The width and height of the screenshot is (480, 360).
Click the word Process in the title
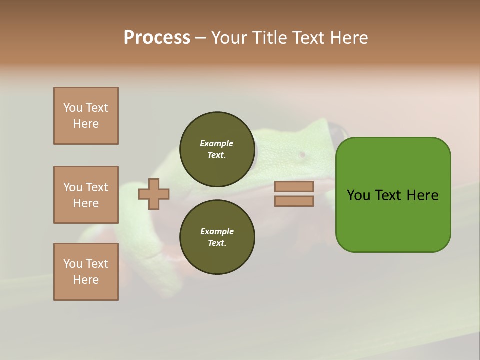pos(157,38)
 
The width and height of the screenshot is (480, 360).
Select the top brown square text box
pos(86,116)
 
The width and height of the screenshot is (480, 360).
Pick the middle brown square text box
pos(86,195)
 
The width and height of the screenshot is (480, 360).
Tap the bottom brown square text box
pos(86,272)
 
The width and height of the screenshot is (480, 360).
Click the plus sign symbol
pos(154,194)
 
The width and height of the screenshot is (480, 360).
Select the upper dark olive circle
pos(217,149)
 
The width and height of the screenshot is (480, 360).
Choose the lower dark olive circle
pos(217,237)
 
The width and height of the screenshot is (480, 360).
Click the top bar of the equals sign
pos(294,186)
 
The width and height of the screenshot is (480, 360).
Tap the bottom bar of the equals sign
pos(294,201)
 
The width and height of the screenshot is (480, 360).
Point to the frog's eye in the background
pos(302,155)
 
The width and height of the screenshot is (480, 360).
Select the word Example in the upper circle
pos(217,143)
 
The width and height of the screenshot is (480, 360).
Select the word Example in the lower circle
pos(217,231)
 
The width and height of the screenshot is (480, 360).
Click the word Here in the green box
pos(422,195)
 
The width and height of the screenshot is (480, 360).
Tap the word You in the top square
pos(72,108)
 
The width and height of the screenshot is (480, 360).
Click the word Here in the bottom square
pos(86,280)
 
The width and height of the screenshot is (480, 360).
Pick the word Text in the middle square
pos(96,187)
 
